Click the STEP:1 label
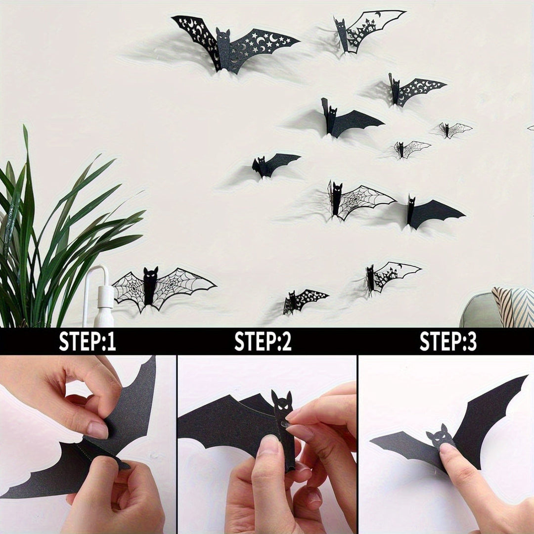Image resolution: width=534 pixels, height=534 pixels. click(x=88, y=342)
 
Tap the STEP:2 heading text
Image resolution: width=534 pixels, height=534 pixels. click(x=263, y=342)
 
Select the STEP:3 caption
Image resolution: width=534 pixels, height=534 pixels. click(x=448, y=342)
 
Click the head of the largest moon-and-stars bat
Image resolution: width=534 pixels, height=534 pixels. click(x=223, y=38)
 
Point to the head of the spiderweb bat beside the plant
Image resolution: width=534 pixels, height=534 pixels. click(x=150, y=274)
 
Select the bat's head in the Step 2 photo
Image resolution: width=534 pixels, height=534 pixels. click(x=282, y=403)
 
